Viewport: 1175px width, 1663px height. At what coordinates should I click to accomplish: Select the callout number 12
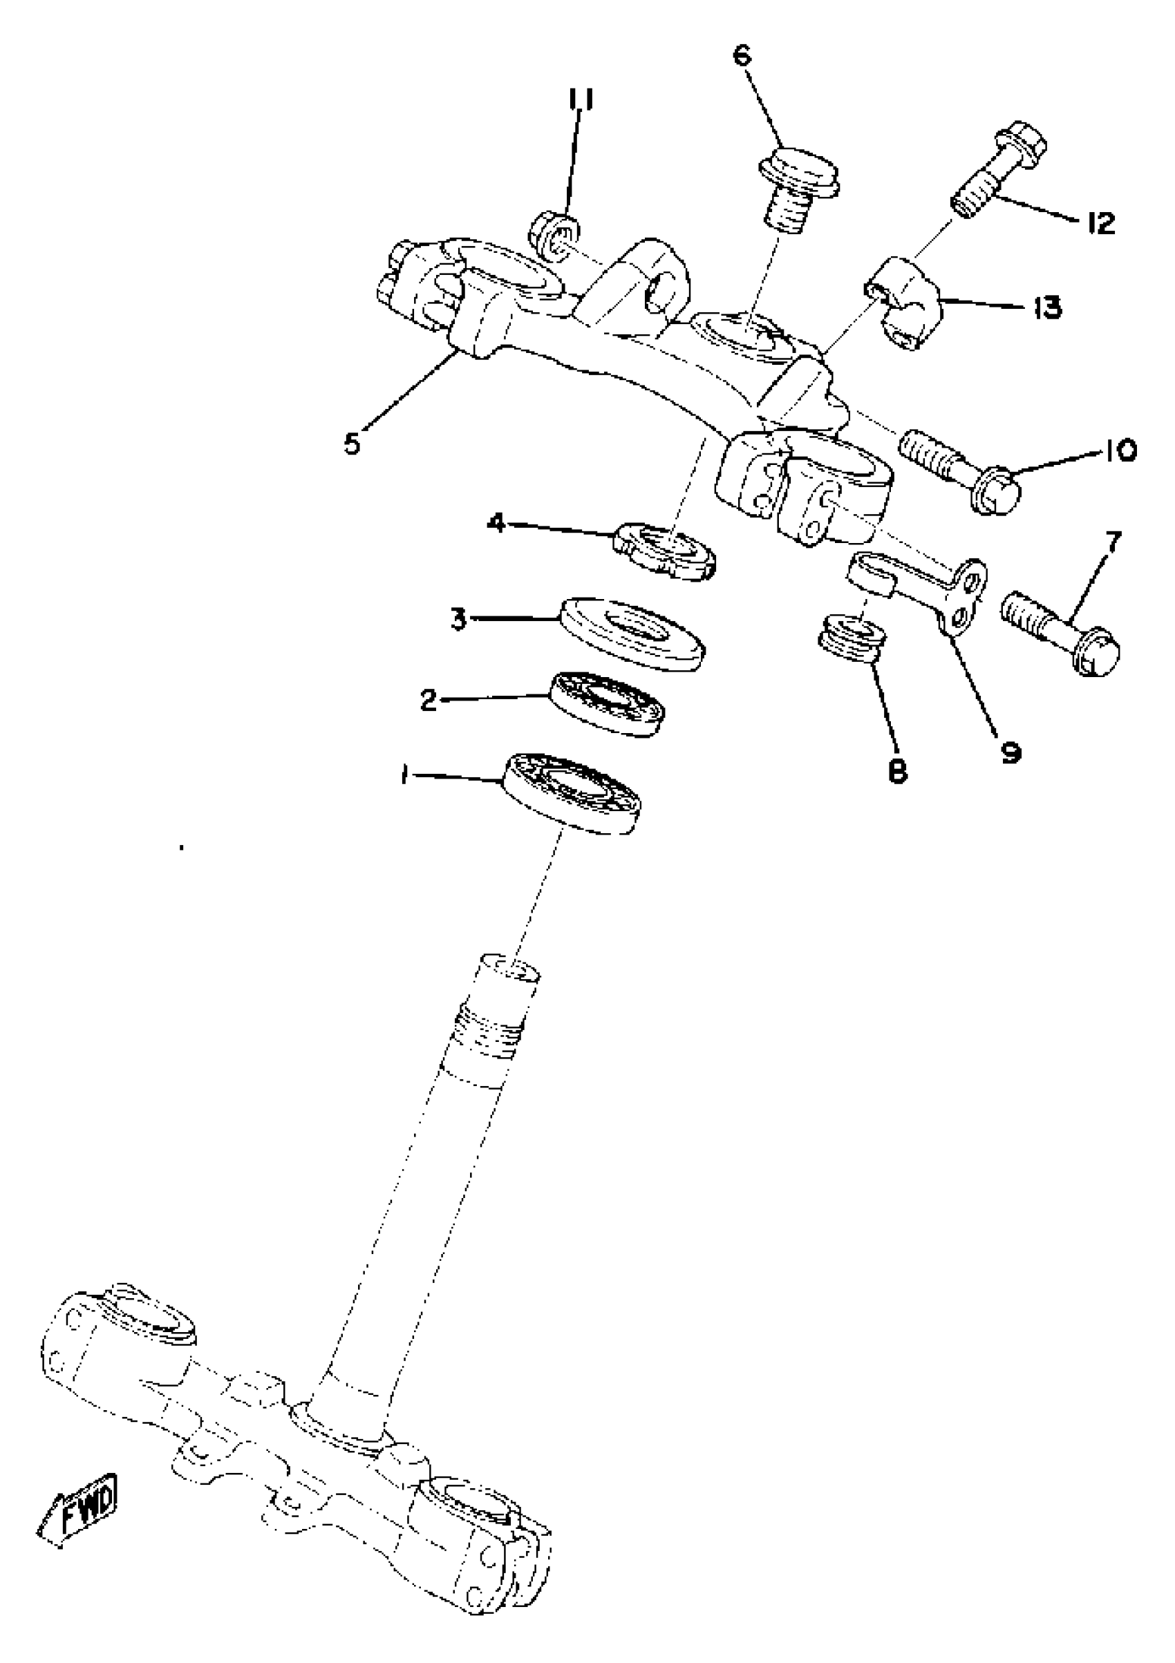[x=1100, y=224]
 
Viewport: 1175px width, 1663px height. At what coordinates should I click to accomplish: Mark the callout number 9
[x=1009, y=752]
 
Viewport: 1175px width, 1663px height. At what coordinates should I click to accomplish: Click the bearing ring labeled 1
[x=572, y=792]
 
